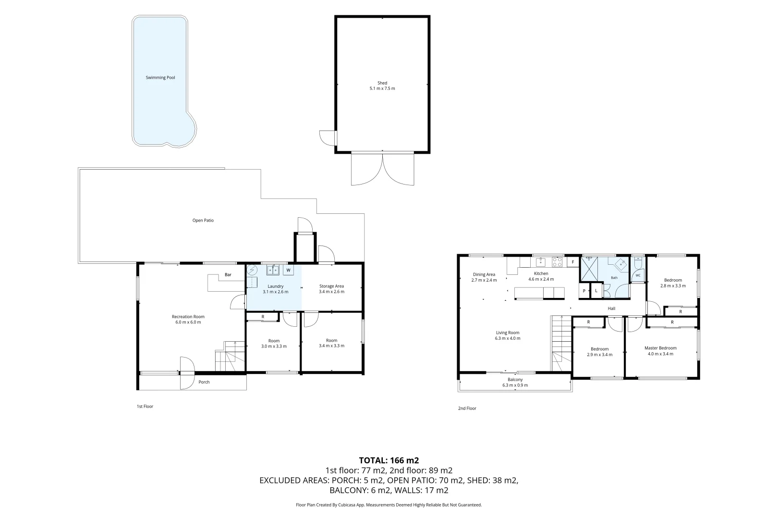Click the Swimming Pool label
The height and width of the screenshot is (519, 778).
tap(160, 77)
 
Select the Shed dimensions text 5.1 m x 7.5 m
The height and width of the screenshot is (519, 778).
tap(382, 88)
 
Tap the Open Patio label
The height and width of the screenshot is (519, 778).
tap(203, 221)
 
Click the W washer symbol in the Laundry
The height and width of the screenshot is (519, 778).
tap(288, 270)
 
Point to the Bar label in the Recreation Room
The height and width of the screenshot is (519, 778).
tap(228, 274)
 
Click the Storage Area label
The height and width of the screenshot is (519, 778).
tap(332, 286)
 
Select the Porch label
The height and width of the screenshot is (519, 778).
tap(204, 382)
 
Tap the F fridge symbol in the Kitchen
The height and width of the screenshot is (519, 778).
tap(573, 262)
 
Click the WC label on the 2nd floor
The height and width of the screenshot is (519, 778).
tap(638, 276)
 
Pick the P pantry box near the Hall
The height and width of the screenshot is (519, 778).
tap(584, 291)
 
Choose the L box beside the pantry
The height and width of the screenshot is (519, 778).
tap(596, 291)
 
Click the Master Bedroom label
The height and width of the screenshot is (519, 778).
tap(660, 348)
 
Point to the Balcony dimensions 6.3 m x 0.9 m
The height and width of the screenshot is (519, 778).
tap(515, 385)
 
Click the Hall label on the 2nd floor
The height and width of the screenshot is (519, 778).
tap(611, 309)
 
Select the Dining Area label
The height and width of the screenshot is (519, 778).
tap(484, 274)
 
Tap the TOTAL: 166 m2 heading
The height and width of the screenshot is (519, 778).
tap(389, 460)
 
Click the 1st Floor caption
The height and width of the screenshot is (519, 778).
tap(145, 407)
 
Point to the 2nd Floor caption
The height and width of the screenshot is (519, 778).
tap(467, 408)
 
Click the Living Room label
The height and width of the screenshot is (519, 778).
tap(508, 333)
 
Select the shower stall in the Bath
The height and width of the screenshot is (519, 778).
tap(589, 269)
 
